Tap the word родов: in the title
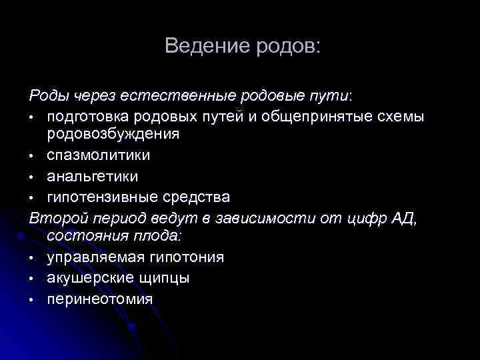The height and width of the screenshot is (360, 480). pos(287,46)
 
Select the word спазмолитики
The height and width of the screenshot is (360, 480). pos(99,155)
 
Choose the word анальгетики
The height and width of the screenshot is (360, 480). pos(93,176)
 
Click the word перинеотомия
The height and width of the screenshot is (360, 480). pos(100,298)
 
